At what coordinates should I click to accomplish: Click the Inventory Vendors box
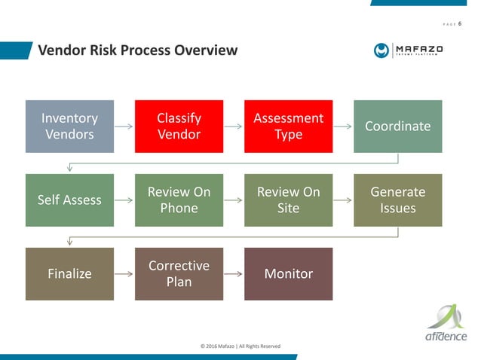point(69,126)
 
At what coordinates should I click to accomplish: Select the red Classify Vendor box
point(179,126)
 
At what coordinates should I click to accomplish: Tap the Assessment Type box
point(288,126)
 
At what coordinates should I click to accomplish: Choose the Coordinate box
point(397,126)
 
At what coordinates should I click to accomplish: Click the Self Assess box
point(69,200)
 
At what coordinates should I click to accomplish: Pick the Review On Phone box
point(179,200)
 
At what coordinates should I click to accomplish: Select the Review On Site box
point(288,200)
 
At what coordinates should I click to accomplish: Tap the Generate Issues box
point(397,200)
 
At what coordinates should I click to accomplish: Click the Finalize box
point(69,273)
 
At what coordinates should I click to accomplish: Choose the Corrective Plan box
point(179,273)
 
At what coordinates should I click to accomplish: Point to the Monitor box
point(288,273)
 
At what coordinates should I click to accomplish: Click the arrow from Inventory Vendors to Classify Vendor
point(124,126)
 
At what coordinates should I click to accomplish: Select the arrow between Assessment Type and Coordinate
point(343,126)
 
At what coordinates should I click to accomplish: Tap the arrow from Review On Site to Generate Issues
point(343,200)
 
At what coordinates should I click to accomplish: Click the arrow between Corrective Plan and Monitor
point(234,273)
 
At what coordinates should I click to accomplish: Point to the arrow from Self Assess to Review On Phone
point(124,200)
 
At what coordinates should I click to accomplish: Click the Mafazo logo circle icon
point(381,50)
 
